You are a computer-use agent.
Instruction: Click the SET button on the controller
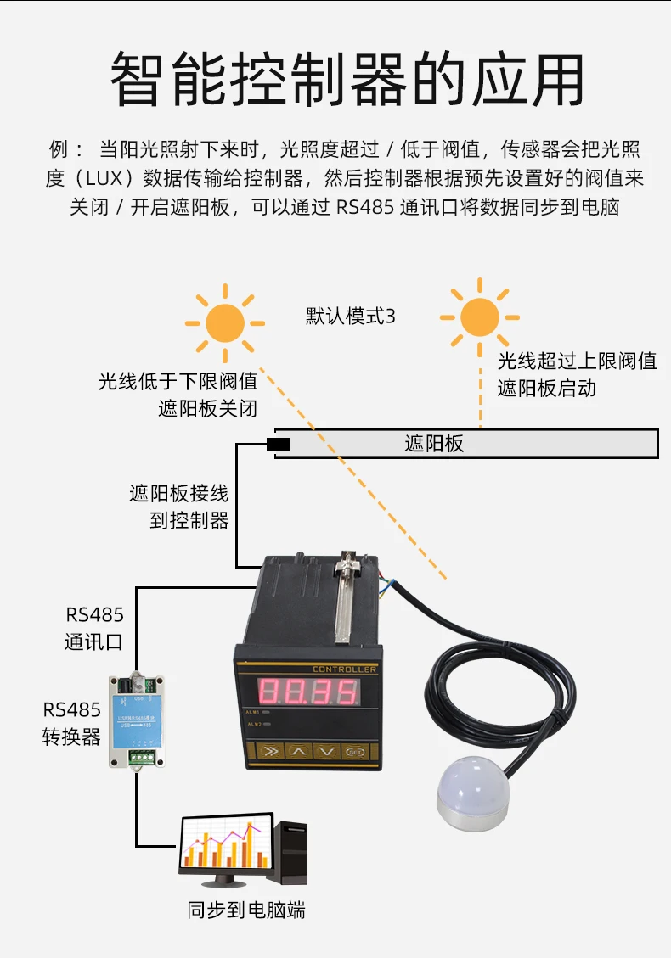coord(354,750)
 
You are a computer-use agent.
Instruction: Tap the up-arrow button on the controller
coord(297,750)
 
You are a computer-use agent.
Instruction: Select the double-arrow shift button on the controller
coord(268,750)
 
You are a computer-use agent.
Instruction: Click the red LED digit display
coord(307,692)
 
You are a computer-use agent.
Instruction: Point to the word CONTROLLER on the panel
coord(344,669)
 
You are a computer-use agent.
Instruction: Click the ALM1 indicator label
coord(253,711)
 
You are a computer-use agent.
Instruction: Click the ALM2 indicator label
coord(253,724)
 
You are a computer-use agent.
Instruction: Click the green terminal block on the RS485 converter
coord(141,751)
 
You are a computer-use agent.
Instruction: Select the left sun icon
coord(225,322)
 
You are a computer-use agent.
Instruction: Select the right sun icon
coord(480,317)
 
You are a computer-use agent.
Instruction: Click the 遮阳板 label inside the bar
coord(434,444)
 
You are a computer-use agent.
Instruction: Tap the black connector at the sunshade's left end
coord(279,444)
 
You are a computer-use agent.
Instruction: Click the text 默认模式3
coord(351,317)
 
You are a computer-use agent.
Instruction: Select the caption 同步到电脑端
coord(246,910)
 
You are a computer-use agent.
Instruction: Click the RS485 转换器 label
coord(72,723)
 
